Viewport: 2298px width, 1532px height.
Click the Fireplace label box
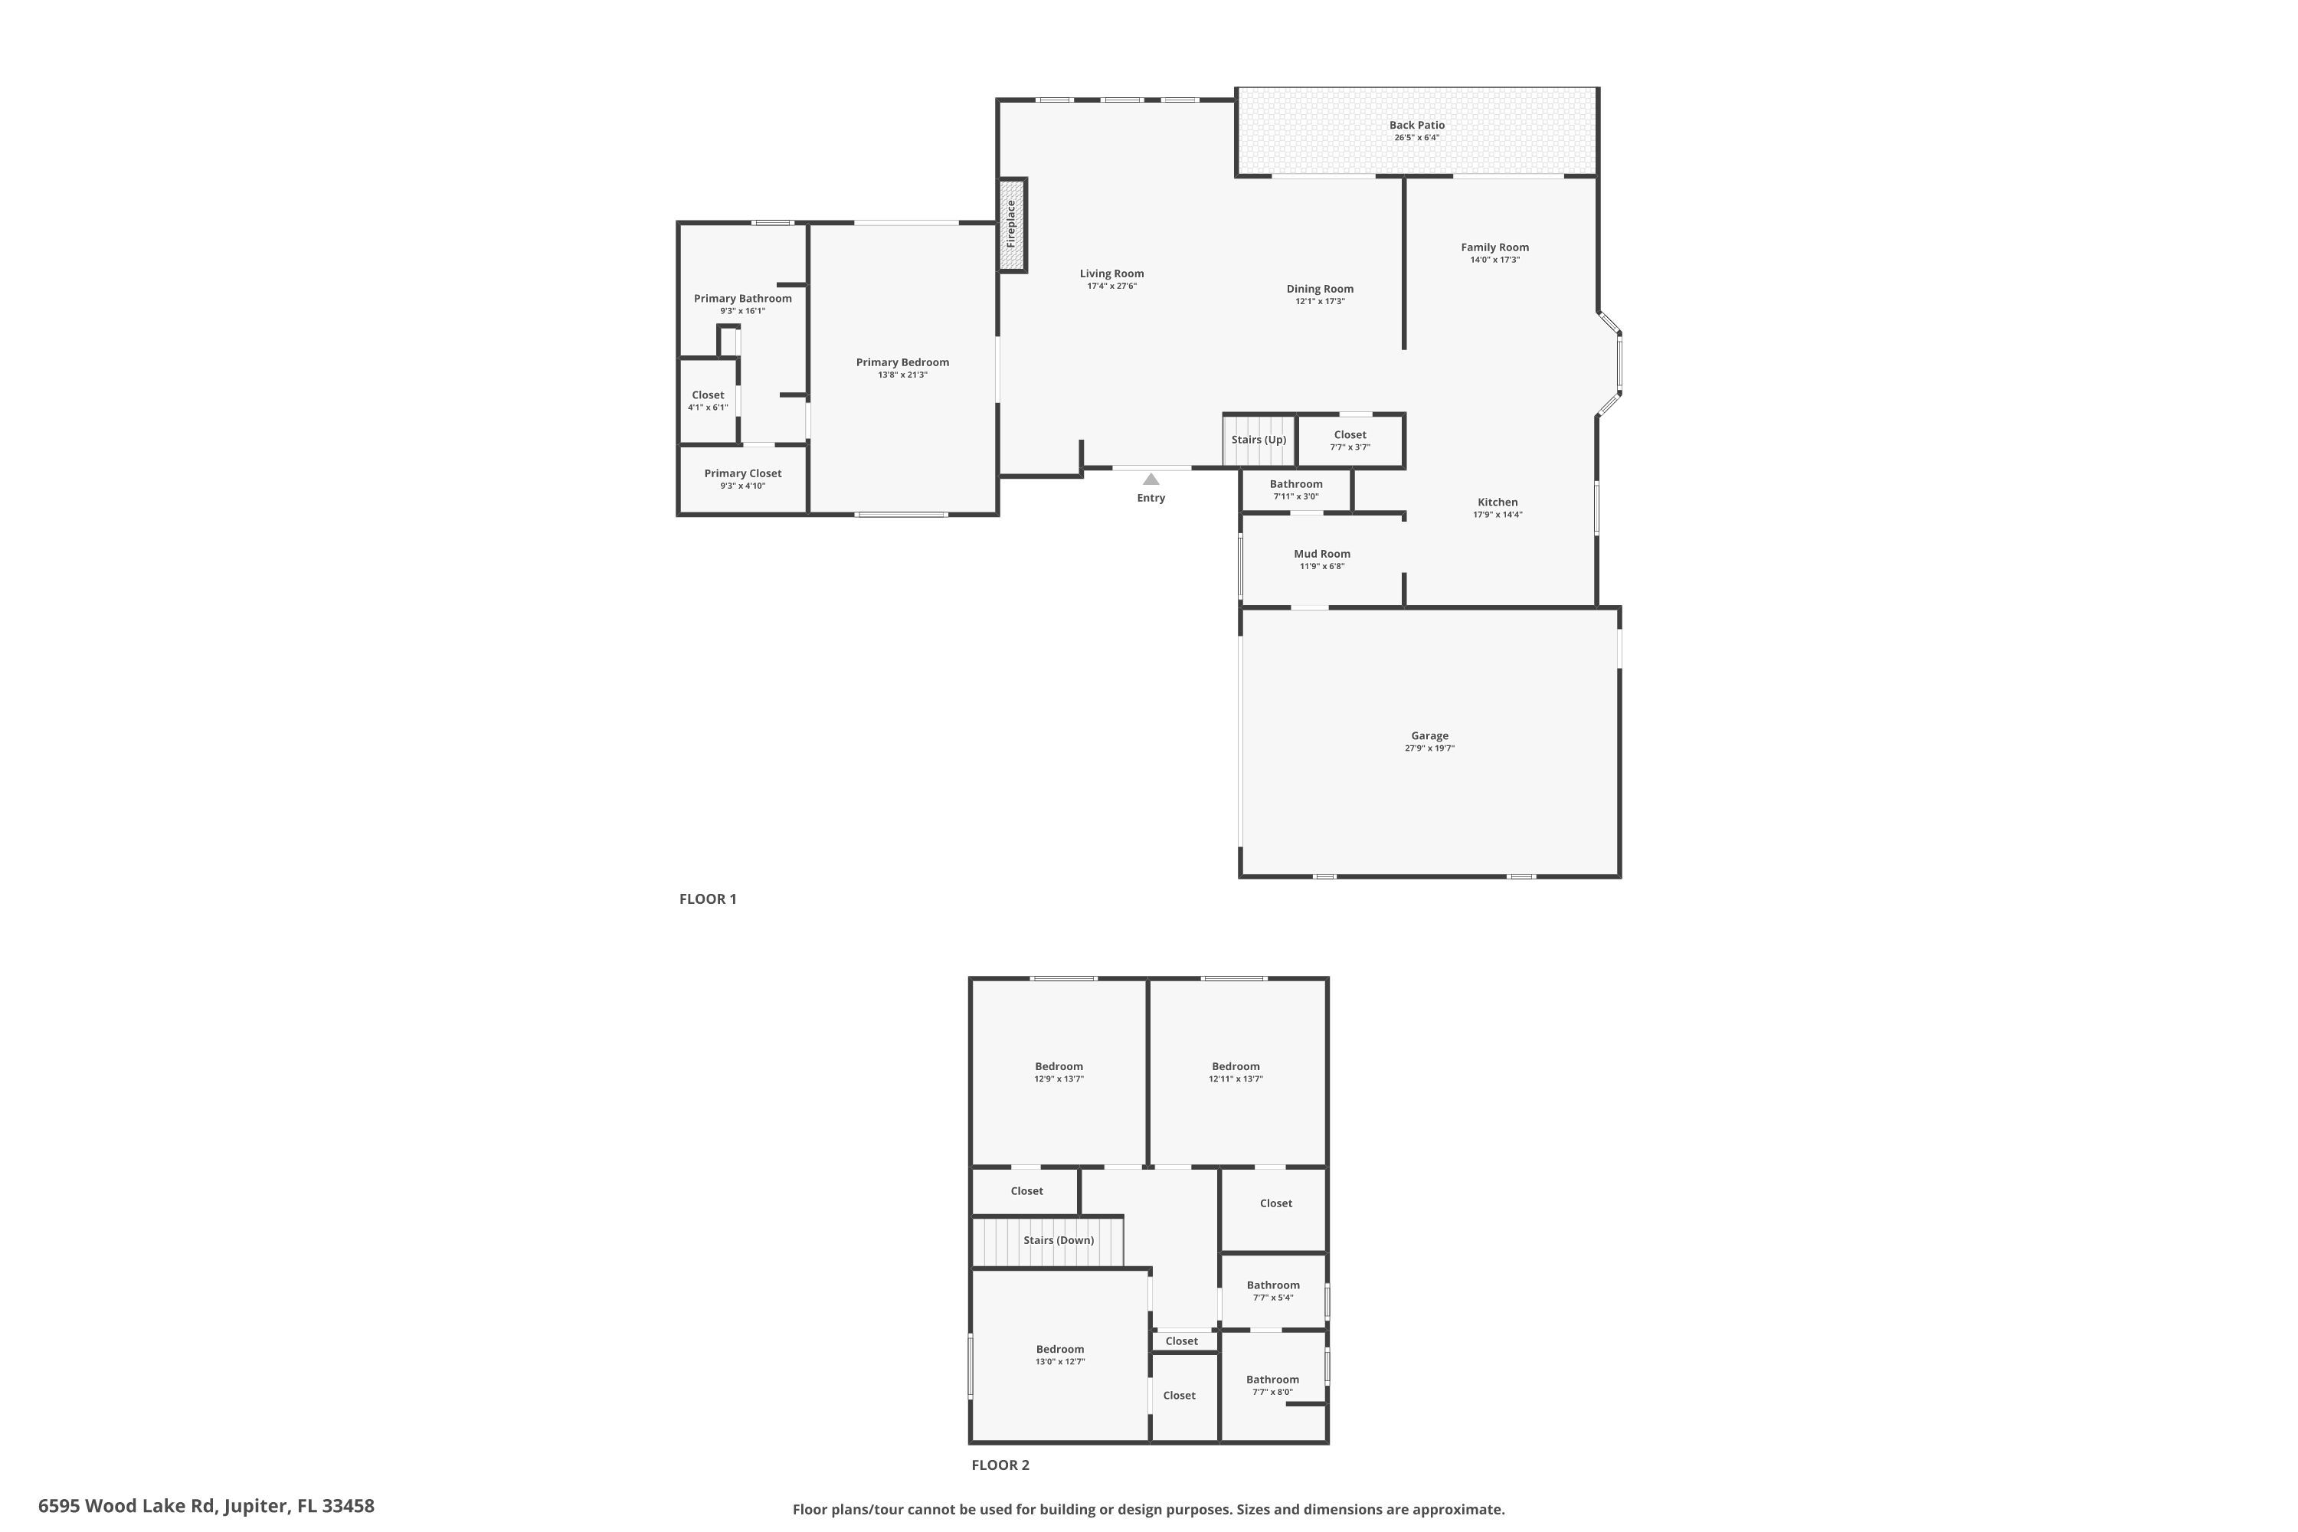pos(1011,224)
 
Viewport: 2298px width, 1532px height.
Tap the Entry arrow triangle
pos(1151,479)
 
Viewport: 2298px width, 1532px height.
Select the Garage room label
pos(1429,735)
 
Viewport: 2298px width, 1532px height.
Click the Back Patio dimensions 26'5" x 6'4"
pos(1416,138)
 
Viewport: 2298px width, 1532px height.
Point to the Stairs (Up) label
pos(1259,440)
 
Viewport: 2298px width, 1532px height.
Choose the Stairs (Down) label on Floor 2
pos(1058,1240)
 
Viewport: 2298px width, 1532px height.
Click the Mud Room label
pos(1322,554)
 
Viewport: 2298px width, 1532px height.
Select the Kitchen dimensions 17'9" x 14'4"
pos(1497,515)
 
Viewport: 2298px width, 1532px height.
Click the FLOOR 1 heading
pos(707,899)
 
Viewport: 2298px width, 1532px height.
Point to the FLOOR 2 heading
pos(1000,1465)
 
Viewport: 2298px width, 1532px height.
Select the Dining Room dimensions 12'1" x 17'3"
pos(1320,302)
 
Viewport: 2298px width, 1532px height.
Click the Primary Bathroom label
pos(742,299)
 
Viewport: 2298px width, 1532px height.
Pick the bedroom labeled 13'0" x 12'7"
pos(1060,1354)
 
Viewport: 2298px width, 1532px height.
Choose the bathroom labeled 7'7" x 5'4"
pos(1273,1291)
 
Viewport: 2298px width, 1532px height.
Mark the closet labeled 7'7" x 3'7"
pos(1350,440)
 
